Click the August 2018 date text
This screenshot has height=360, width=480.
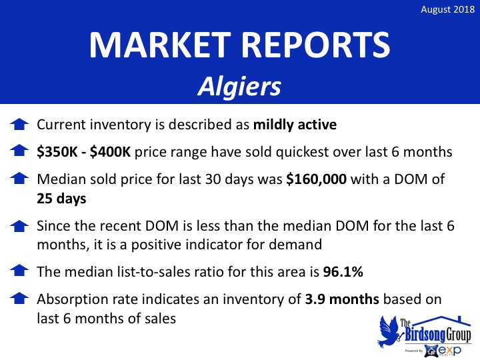(x=447, y=9)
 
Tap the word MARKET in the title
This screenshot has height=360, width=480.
(x=160, y=45)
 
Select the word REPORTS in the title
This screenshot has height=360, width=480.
(x=316, y=45)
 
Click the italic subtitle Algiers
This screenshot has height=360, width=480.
(x=239, y=87)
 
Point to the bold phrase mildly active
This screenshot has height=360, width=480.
(x=295, y=125)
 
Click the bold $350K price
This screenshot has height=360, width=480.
(x=57, y=152)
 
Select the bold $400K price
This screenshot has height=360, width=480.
(x=110, y=152)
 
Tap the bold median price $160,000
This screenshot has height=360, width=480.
(x=316, y=179)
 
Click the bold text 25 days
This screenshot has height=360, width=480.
(x=61, y=199)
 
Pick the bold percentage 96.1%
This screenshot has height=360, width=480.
(x=343, y=271)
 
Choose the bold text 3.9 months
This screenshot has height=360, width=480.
(x=342, y=299)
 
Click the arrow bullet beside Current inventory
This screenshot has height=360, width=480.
(x=19, y=124)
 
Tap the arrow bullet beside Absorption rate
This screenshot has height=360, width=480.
(x=19, y=299)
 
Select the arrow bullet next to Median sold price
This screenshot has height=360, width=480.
(x=19, y=178)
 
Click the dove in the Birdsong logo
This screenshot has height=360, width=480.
(x=388, y=331)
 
